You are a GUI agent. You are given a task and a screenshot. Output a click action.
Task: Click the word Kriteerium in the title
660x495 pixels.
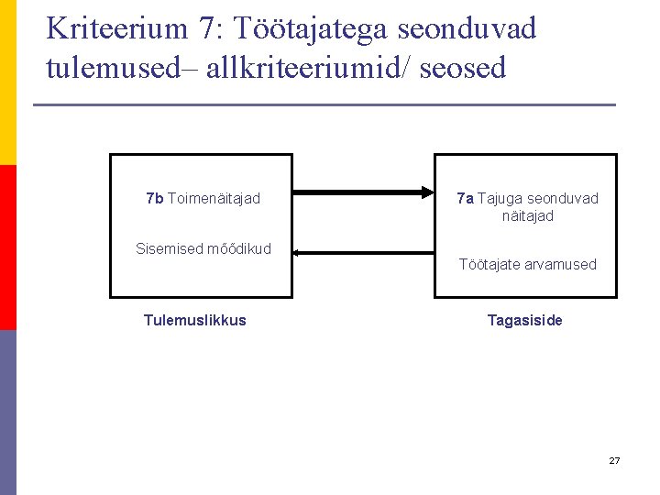point(115,28)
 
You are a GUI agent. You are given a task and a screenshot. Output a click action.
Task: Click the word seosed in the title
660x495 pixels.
point(462,68)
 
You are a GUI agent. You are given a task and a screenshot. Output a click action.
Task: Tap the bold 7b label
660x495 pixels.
point(155,199)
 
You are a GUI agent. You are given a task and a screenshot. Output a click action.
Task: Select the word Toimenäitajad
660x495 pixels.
point(214,199)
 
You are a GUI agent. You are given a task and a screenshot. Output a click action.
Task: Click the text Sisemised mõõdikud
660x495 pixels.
point(203,248)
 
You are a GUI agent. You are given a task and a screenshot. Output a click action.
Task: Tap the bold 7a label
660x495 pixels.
point(465,199)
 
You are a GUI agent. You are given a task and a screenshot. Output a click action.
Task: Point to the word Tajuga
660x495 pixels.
point(500,199)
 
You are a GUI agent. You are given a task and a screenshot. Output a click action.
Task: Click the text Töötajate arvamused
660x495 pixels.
point(527,265)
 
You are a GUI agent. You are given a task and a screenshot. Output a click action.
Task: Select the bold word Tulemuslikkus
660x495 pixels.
point(195,320)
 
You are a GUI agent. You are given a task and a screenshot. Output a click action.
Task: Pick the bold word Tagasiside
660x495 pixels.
point(525,320)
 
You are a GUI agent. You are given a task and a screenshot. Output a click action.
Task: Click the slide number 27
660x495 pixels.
point(614,460)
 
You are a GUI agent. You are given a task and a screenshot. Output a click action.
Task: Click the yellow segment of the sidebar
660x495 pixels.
point(7,82)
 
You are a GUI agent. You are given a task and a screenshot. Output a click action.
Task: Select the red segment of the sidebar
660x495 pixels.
point(7,247)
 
